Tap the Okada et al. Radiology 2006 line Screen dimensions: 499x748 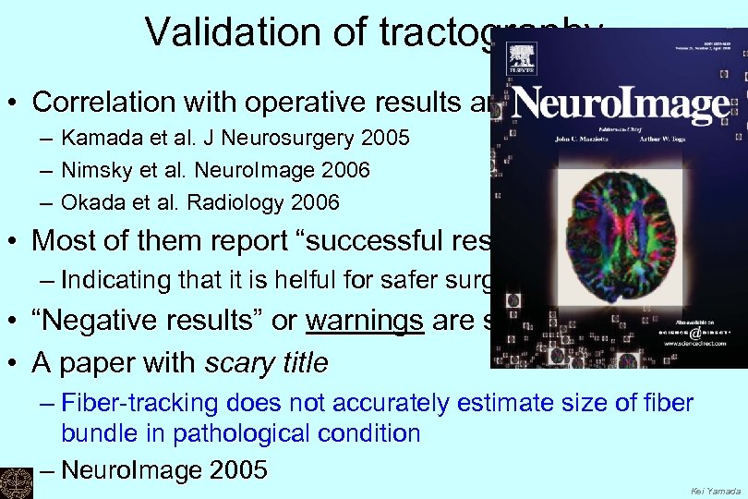click(x=200, y=201)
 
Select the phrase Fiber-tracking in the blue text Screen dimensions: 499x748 click(x=121, y=404)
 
